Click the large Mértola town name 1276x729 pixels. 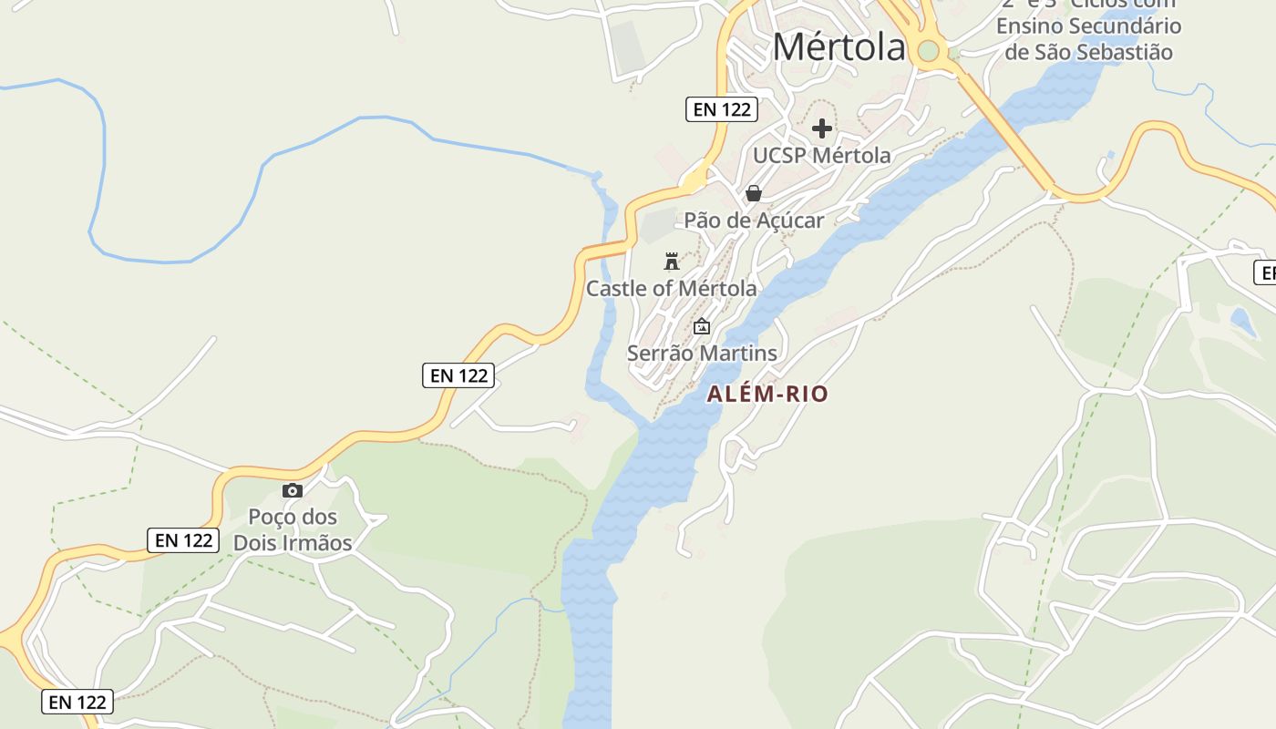tap(839, 47)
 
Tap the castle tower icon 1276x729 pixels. tap(672, 262)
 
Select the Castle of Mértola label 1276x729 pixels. tap(671, 289)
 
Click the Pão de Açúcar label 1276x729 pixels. tap(754, 221)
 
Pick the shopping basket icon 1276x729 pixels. tap(754, 193)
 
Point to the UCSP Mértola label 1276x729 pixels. tap(821, 156)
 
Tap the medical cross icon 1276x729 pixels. tap(821, 128)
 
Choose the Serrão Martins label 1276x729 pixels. tap(702, 354)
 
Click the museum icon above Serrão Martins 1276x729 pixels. tap(702, 326)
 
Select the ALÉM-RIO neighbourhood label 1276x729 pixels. tap(767, 395)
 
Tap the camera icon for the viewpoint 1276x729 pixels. tap(292, 491)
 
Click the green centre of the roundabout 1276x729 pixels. tap(929, 51)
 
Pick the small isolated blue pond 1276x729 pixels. tap(1241, 321)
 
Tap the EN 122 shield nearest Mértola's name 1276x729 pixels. tap(722, 110)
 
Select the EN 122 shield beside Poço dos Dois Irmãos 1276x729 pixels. tap(183, 540)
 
